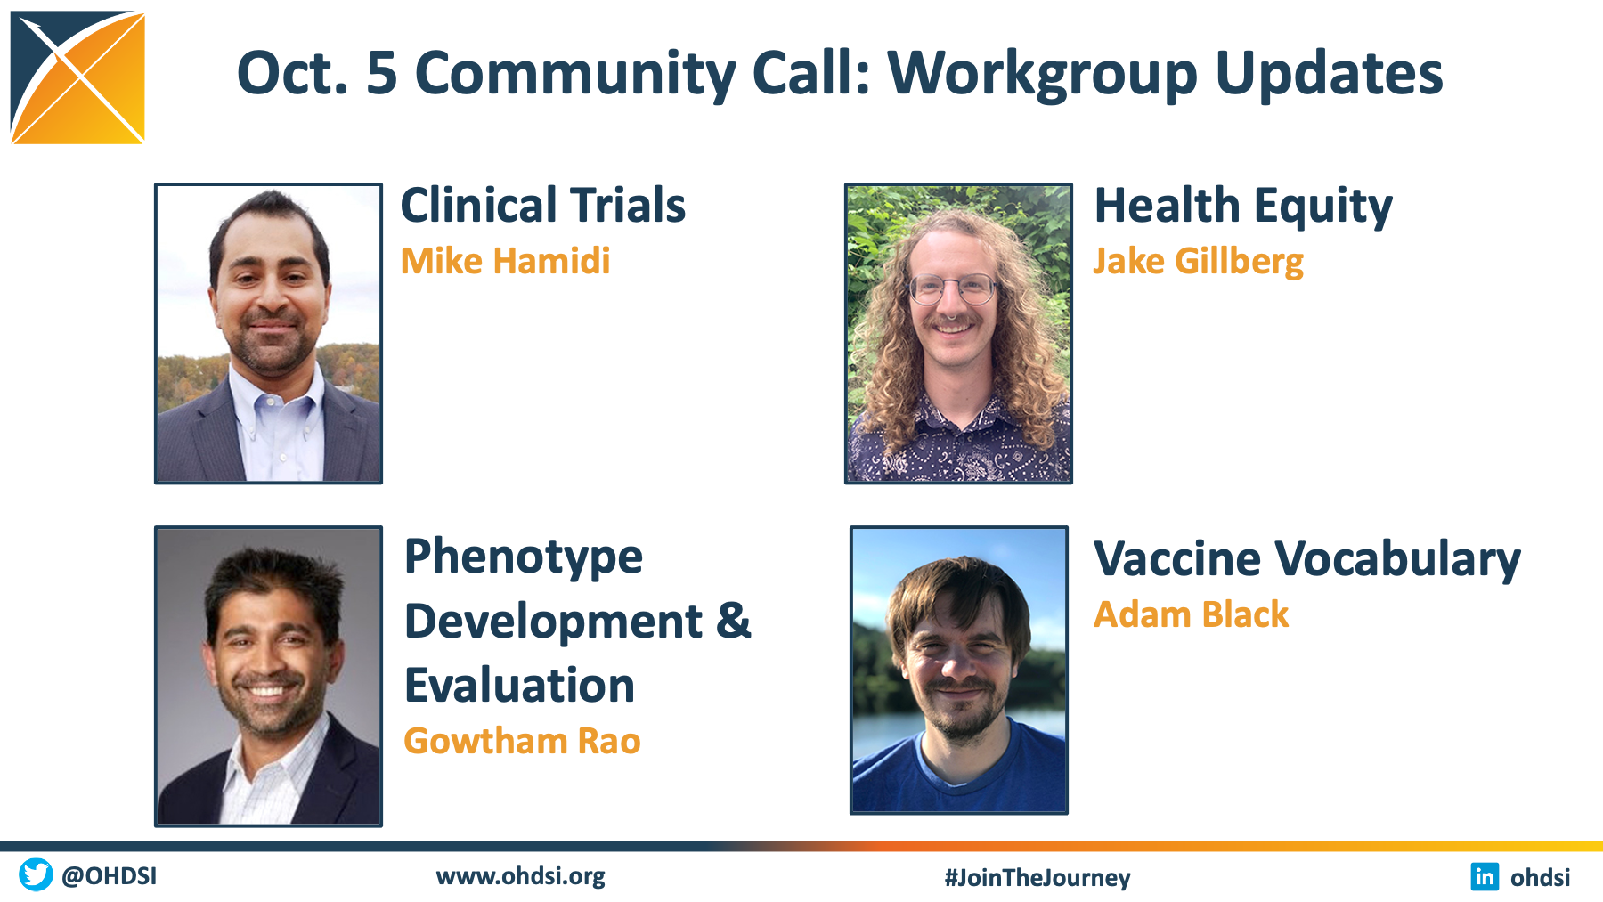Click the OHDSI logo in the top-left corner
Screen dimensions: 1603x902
click(x=77, y=77)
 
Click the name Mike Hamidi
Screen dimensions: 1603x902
click(x=505, y=261)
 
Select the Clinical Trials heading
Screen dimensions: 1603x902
click(x=543, y=206)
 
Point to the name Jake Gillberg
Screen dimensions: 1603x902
click(x=1199, y=262)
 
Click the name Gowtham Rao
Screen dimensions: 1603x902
click(x=522, y=741)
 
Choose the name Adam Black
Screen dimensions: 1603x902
click(x=1192, y=614)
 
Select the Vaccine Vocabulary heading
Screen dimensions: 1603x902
click(x=1307, y=560)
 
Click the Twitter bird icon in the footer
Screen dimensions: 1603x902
click(x=37, y=874)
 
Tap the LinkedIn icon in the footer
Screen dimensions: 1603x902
click(x=1485, y=876)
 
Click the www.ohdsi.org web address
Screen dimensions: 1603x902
click(x=521, y=876)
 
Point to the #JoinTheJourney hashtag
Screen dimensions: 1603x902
click(x=1037, y=878)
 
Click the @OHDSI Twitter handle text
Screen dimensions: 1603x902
click(x=110, y=876)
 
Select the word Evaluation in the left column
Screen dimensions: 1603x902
click(x=520, y=686)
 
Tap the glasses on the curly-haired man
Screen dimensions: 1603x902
click(x=951, y=288)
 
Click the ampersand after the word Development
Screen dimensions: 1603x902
click(x=734, y=621)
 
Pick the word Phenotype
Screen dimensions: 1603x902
click(x=524, y=558)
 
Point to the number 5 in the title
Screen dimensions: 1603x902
click(x=382, y=73)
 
